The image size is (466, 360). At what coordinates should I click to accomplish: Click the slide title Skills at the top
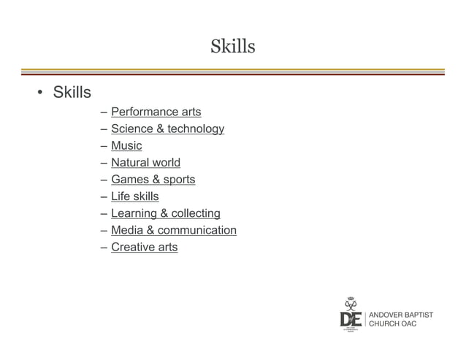232,47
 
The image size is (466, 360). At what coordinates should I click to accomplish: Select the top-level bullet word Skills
72,93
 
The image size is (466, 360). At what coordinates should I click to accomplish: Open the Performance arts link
156,112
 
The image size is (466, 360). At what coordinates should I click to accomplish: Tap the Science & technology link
167,129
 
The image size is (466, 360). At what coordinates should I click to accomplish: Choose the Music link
126,146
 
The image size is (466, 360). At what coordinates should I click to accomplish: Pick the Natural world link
145,163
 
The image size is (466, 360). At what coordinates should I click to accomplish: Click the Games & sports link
153,180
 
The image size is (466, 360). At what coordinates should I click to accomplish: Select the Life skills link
134,196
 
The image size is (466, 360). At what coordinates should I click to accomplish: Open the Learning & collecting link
165,213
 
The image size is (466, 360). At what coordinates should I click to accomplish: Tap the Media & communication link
173,231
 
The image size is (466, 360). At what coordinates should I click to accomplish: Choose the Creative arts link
144,248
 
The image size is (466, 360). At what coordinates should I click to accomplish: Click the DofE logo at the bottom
351,315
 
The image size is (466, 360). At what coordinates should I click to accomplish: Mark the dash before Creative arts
105,248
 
